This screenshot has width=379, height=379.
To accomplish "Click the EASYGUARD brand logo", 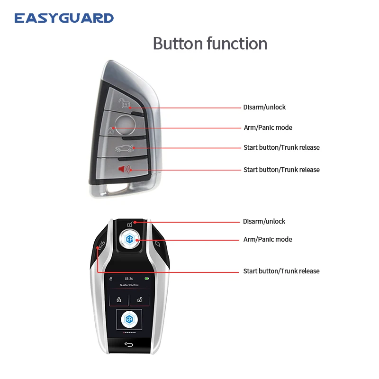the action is [64, 18].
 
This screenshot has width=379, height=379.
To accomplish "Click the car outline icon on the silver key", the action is [125, 149].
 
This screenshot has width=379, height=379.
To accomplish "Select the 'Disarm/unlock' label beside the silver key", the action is [264, 108].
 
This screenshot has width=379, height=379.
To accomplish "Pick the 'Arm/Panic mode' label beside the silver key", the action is [268, 128].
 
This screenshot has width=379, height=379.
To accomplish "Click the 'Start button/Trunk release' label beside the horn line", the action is [281, 170].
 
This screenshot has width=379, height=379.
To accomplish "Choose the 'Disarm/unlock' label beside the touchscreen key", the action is [264, 222].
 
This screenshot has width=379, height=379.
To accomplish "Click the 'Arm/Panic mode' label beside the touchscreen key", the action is [268, 240].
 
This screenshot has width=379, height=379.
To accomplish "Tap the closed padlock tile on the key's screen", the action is [119, 299].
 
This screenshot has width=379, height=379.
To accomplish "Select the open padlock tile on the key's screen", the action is [140, 299].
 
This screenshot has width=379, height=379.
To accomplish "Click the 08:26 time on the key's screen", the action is [128, 279].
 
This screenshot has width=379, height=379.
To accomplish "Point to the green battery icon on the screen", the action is [147, 279].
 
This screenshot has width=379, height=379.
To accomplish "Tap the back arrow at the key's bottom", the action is [129, 344].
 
